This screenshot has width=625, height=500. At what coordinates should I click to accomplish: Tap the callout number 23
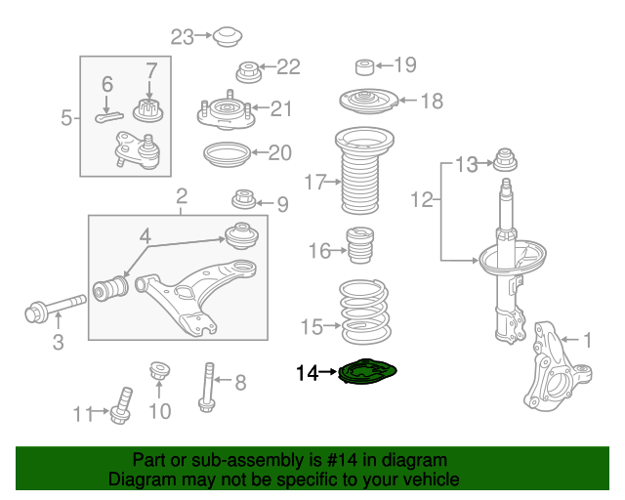click(x=183, y=37)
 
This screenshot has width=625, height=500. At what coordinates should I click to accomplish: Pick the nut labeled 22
click(x=249, y=71)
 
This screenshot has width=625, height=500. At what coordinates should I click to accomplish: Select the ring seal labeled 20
click(x=225, y=153)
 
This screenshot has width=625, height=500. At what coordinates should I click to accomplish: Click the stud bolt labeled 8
click(x=207, y=385)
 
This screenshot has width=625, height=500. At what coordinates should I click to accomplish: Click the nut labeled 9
click(x=245, y=201)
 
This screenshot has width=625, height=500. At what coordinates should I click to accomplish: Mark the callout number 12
click(x=421, y=200)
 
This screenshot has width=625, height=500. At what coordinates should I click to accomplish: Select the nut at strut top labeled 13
click(x=506, y=159)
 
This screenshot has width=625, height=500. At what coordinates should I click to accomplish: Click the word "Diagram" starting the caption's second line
click(x=138, y=479)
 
